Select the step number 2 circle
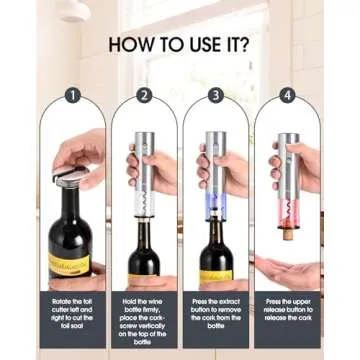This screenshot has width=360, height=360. tap(144, 96)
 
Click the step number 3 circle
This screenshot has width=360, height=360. tap(216, 96)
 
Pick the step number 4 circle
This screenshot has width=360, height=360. tap(288, 96)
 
